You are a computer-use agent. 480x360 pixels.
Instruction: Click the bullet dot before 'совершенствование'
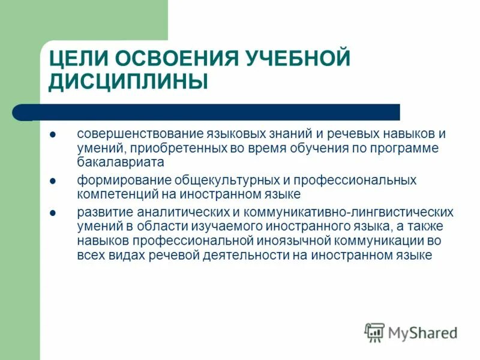[x=53, y=134]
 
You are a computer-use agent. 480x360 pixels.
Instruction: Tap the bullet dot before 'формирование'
[x=53, y=181]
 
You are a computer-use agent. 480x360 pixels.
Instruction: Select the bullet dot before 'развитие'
[x=53, y=213]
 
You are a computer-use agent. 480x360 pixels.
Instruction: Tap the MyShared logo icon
[x=374, y=332]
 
